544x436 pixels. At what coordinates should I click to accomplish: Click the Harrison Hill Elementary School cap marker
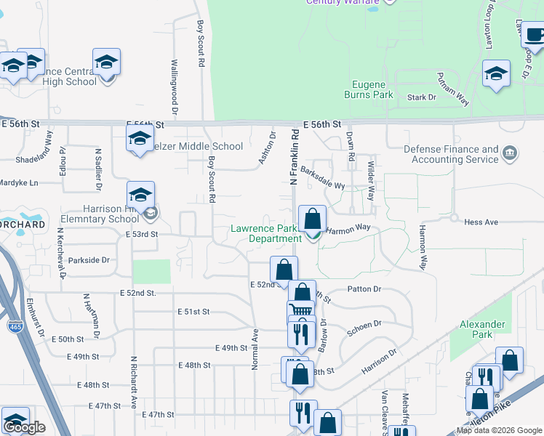[x=140, y=195]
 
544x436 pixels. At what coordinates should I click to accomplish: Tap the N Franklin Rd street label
[x=295, y=157]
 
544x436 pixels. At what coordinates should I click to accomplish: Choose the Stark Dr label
[x=421, y=97]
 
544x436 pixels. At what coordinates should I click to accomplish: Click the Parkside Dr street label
[x=88, y=259]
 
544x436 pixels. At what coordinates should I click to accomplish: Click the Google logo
[x=25, y=427]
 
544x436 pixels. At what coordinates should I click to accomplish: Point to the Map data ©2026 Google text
[x=499, y=430]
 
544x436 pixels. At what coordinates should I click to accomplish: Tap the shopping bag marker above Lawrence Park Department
[x=312, y=219]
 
